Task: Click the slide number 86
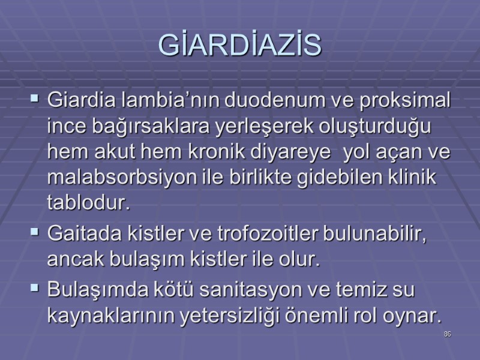point(447,334)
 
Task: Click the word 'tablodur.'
point(88,204)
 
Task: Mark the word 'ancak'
point(71,260)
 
